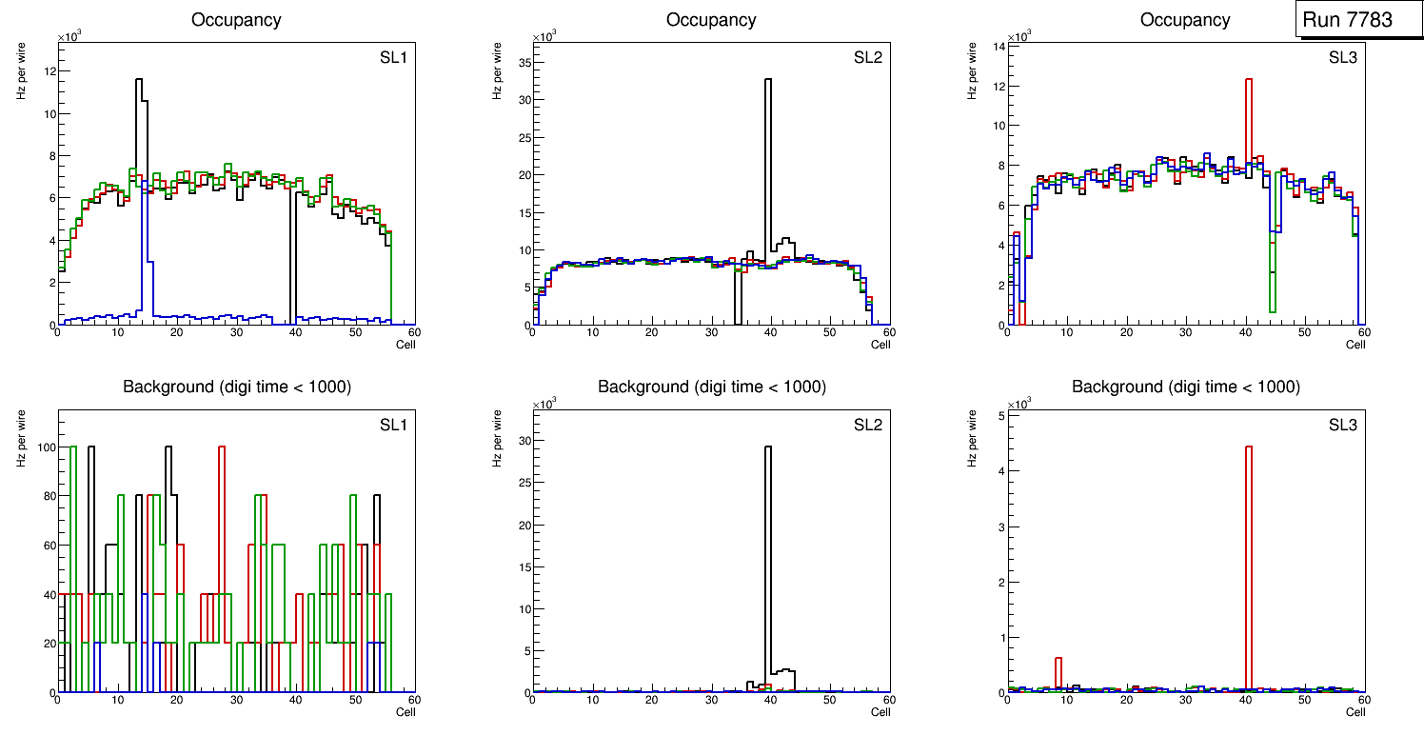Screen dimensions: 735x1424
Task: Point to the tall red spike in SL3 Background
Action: point(1248,552)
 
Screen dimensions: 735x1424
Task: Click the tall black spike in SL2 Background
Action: point(768,552)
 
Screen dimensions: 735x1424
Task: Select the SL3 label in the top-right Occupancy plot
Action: point(1342,58)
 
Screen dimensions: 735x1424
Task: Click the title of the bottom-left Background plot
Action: point(236,387)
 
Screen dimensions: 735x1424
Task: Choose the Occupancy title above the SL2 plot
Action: point(711,19)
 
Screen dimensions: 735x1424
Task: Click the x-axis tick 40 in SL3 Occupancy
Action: point(1245,333)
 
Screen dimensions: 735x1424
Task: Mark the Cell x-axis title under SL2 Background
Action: point(880,711)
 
